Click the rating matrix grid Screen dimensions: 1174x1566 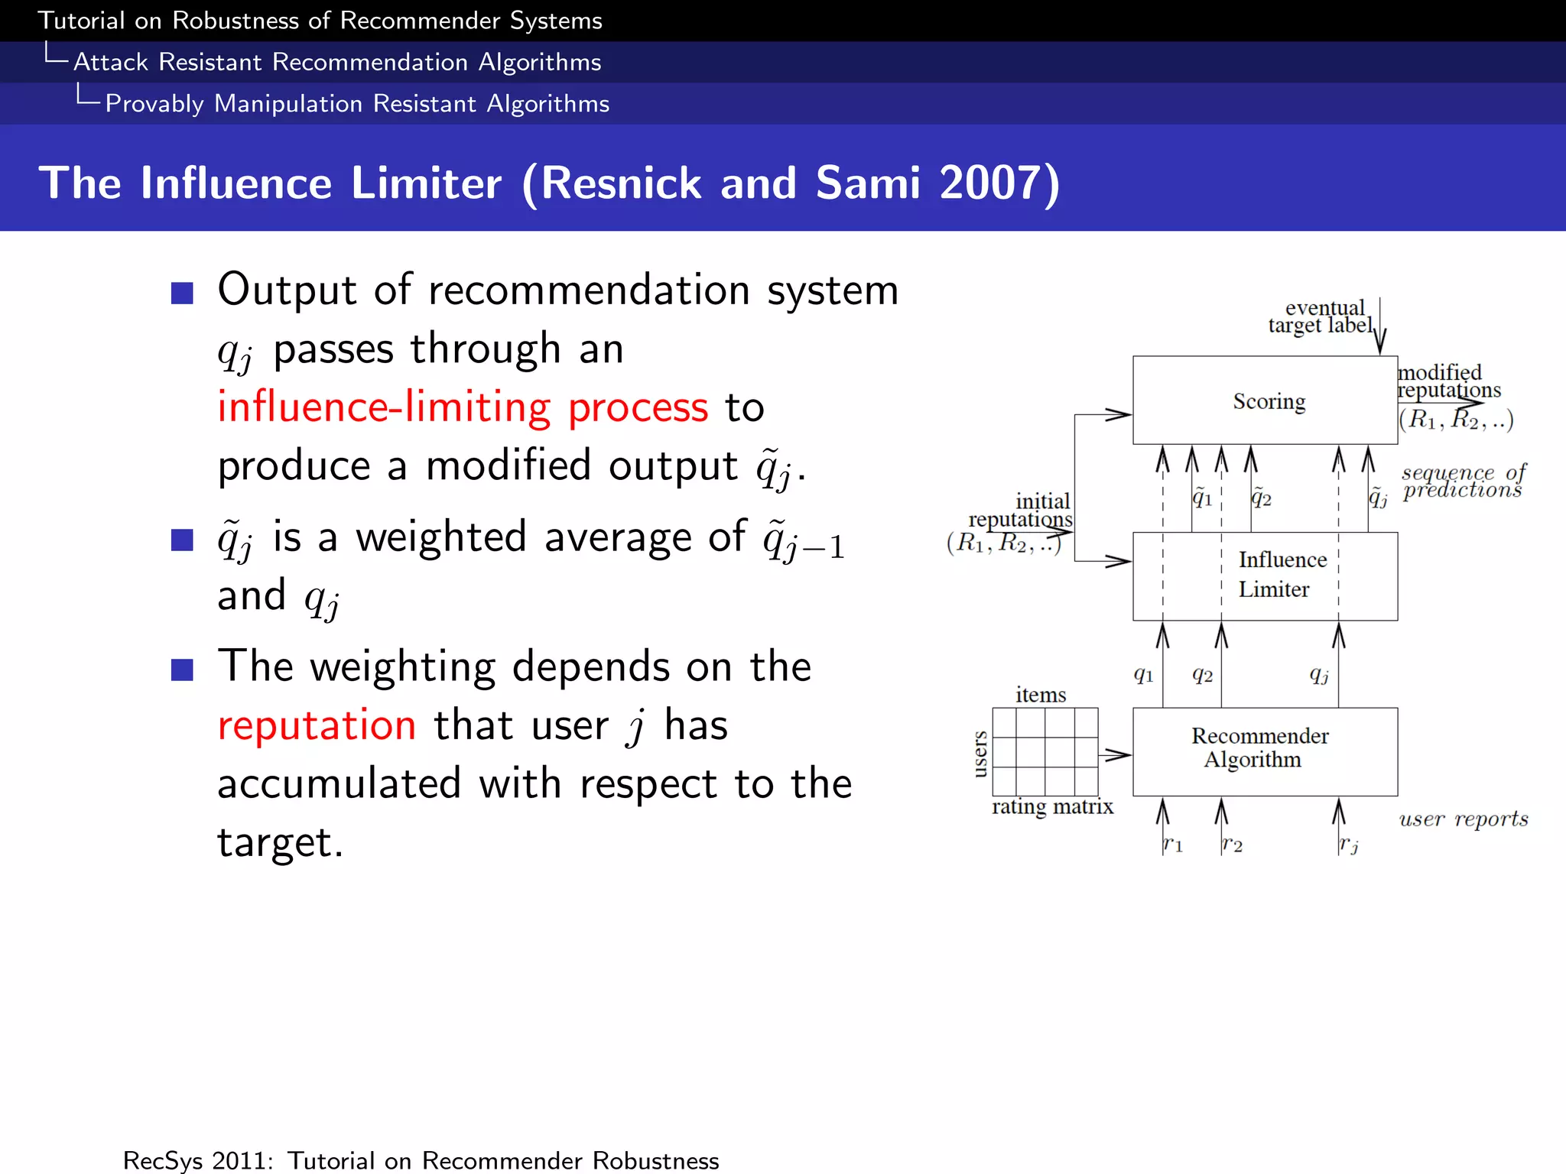1045,751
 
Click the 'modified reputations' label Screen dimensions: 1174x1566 1447,381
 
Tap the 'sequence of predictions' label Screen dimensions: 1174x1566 1463,482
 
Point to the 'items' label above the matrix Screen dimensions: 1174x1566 1041,695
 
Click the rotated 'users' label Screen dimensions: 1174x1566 980,754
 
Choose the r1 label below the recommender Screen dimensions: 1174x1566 1172,845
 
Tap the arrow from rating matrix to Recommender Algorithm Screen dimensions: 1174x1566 1115,755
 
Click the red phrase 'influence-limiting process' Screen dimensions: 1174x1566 463,407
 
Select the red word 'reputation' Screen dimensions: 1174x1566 317,725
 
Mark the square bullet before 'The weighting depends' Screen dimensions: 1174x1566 182,670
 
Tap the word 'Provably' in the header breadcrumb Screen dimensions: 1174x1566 154,104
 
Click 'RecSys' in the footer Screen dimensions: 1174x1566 160,1160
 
